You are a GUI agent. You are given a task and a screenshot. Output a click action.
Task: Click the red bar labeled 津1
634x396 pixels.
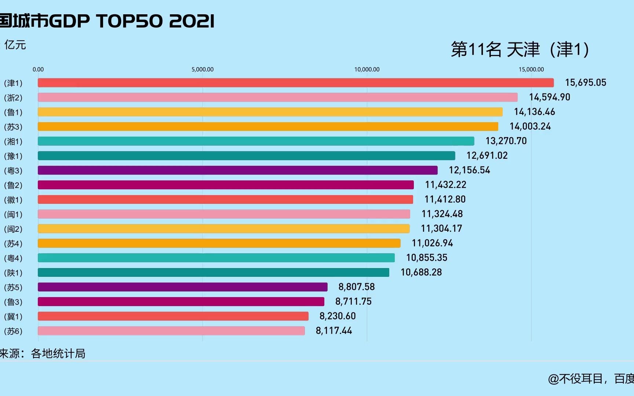(x=295, y=82)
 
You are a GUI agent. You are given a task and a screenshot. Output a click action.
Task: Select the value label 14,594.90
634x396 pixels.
(x=549, y=97)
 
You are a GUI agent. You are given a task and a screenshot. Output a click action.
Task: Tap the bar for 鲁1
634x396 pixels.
(x=270, y=112)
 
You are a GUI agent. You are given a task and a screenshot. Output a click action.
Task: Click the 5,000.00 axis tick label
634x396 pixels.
(x=202, y=69)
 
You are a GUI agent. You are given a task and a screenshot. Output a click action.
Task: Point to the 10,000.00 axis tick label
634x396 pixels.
(x=367, y=69)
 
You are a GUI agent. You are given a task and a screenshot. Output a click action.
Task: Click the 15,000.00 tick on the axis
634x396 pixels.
(x=531, y=69)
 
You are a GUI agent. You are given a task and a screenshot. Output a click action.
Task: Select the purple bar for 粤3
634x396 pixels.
(x=237, y=170)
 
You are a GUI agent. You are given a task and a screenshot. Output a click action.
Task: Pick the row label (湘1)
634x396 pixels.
(x=13, y=142)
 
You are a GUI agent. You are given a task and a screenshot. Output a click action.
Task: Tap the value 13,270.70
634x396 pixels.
(x=506, y=141)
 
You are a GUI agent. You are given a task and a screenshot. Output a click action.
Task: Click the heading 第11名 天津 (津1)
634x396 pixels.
(x=520, y=49)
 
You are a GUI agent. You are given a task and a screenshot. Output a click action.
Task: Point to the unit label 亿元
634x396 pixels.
(x=15, y=45)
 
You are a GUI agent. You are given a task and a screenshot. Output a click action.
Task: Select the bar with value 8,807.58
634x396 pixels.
(x=182, y=287)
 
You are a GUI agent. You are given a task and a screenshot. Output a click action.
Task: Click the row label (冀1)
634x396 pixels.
(x=13, y=316)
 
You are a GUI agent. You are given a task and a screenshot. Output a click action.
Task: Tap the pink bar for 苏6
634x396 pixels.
(x=171, y=331)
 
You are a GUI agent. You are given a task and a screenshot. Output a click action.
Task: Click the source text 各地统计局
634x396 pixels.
(x=58, y=353)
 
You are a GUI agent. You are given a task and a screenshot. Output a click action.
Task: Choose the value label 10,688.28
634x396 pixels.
(x=421, y=272)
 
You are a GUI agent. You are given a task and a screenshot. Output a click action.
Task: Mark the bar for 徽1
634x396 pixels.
(x=225, y=199)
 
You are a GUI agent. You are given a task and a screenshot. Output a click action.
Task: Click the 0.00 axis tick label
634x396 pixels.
(x=38, y=69)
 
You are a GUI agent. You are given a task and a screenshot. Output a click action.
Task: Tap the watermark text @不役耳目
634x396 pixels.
(x=575, y=378)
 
